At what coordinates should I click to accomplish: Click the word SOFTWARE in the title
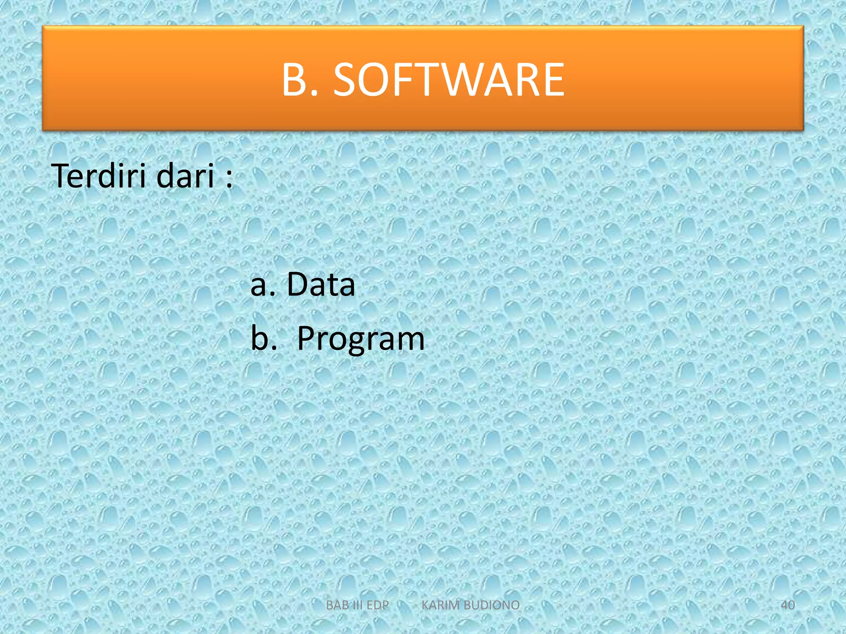pyautogui.click(x=449, y=79)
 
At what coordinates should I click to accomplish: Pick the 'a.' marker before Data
pyautogui.click(x=263, y=285)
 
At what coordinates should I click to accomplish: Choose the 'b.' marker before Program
pyautogui.click(x=264, y=338)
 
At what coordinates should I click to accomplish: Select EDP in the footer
pyautogui.click(x=378, y=605)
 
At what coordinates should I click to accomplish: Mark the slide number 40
pyautogui.click(x=788, y=605)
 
